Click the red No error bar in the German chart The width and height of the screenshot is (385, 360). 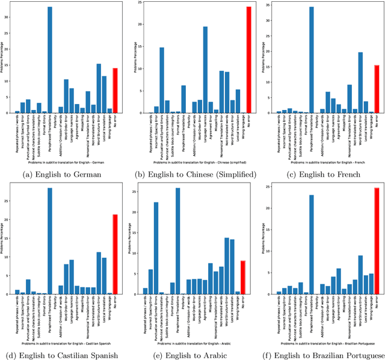pos(115,90)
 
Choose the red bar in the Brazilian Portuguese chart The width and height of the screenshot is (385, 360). pos(377,241)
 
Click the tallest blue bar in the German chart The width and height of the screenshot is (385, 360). pos(50,60)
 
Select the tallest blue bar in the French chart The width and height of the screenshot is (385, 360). pos(311,60)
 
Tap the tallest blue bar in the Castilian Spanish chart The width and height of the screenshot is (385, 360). pos(50,241)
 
